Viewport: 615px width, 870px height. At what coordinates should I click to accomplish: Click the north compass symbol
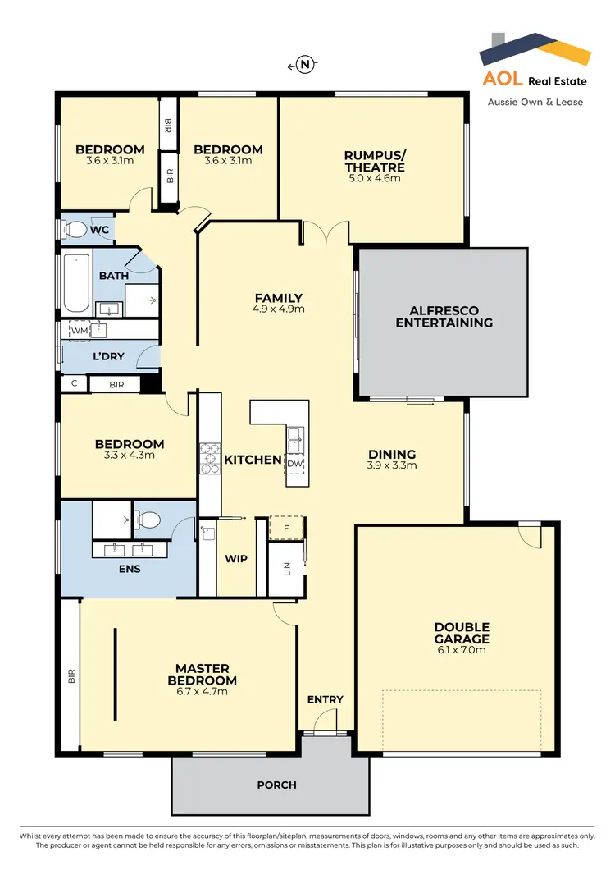(305, 65)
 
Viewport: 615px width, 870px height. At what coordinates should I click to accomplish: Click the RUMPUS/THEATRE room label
(374, 161)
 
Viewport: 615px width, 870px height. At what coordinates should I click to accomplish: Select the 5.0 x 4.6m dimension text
(374, 177)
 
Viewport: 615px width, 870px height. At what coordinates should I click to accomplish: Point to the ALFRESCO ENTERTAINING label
(444, 317)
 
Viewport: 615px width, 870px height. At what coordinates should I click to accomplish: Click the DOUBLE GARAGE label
(462, 633)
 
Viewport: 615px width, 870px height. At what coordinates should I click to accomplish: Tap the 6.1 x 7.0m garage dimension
(462, 650)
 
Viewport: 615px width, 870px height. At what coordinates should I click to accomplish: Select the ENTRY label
(325, 699)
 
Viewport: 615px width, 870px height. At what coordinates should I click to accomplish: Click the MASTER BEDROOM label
(202, 674)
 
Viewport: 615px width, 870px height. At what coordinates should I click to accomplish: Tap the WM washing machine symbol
(79, 330)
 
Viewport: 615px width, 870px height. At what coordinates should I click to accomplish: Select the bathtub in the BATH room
(76, 283)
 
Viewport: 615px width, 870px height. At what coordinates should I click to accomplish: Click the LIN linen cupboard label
(287, 569)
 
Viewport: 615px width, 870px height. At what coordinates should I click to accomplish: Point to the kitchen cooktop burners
(207, 460)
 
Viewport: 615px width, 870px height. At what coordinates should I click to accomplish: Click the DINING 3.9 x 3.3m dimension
(392, 465)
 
